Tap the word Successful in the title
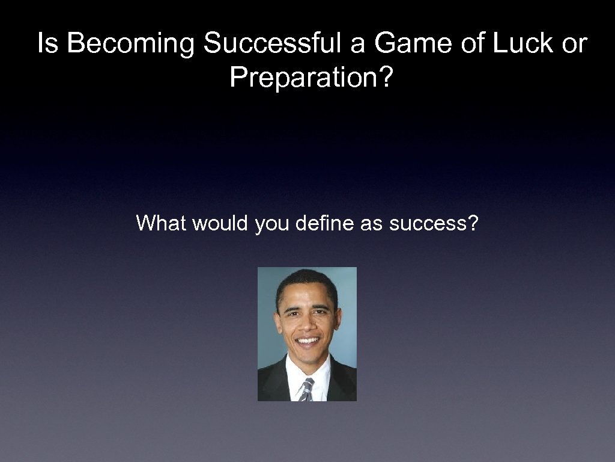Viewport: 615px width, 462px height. point(285,44)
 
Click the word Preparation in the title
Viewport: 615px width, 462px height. point(304,76)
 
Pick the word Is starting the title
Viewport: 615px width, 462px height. point(48,44)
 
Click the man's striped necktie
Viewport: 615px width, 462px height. point(306,389)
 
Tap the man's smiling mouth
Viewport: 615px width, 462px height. point(308,341)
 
